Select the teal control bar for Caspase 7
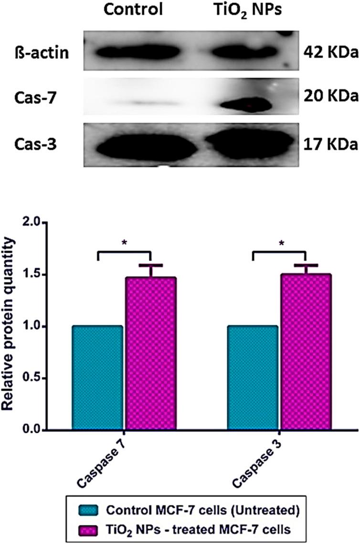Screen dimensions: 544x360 97,378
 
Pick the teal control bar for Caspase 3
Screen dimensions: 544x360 253,378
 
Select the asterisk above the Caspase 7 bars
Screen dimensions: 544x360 124,243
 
